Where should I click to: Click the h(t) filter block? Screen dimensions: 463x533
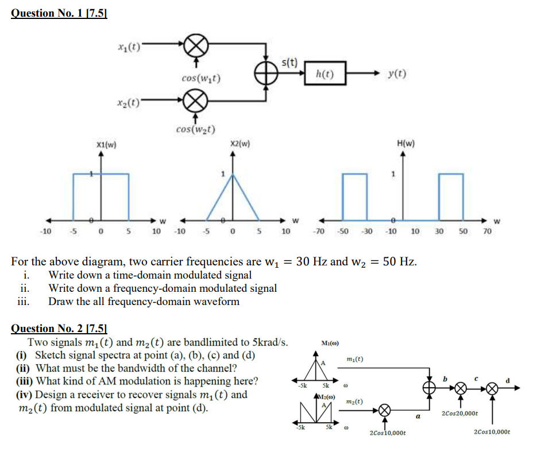pyautogui.click(x=325, y=74)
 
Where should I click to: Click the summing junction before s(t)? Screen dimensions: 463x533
pyautogui.click(x=266, y=75)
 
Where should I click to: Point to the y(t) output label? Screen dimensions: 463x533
pyautogui.click(x=397, y=74)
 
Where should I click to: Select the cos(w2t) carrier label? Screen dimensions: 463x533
pyautogui.click(x=196, y=129)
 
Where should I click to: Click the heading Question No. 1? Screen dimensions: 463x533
pyautogui.click(x=59, y=13)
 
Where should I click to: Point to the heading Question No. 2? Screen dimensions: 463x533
pyautogui.click(x=59, y=329)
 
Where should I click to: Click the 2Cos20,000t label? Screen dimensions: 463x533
pyautogui.click(x=459, y=413)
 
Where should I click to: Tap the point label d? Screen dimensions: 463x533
pyautogui.click(x=508, y=379)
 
